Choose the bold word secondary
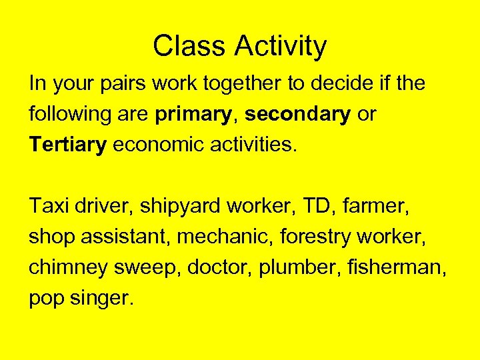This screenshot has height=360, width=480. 297,115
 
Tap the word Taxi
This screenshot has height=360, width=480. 49,207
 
